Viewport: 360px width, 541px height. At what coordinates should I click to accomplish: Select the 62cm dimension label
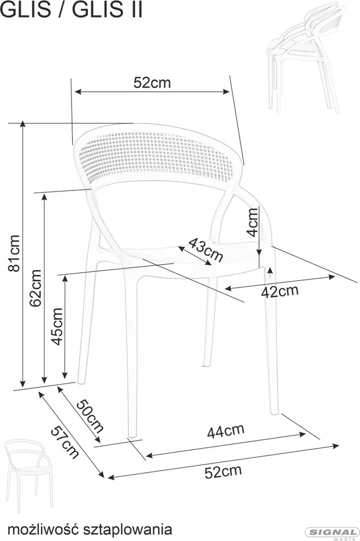tap(36, 288)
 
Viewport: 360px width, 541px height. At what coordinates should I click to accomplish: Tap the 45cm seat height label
tap(57, 326)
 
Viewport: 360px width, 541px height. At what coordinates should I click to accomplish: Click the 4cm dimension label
tap(253, 222)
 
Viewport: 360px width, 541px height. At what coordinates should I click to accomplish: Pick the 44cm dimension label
tap(225, 431)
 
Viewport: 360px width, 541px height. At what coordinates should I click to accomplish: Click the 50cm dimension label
tap(89, 416)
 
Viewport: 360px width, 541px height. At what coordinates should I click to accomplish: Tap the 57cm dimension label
tap(65, 442)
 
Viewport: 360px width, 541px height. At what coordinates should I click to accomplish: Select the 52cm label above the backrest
tap(152, 82)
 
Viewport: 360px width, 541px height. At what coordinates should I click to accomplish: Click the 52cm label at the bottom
tap(223, 472)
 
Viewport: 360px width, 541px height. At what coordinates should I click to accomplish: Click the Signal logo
tap(332, 533)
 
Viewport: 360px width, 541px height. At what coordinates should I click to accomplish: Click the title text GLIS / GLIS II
tap(72, 10)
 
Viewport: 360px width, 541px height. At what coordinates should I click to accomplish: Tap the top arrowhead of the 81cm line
tap(23, 124)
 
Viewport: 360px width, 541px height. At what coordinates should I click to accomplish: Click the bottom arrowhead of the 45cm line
tap(65, 375)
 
